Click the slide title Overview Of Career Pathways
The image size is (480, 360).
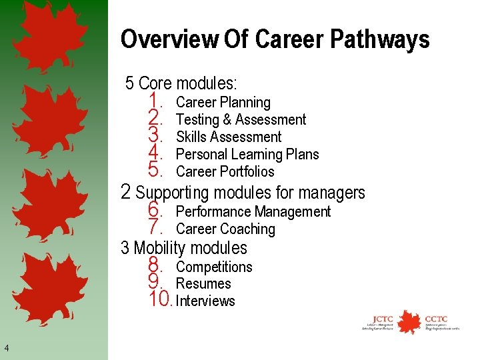click(275, 40)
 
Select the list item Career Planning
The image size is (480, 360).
click(223, 103)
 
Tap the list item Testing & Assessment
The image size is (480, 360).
click(241, 120)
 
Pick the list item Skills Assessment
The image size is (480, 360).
click(229, 137)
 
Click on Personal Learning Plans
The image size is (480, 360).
click(247, 155)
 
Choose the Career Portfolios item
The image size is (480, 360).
click(225, 172)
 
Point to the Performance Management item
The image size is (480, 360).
click(253, 212)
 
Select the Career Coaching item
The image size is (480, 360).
click(225, 229)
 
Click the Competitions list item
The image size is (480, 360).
click(214, 267)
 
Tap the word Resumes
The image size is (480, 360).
click(203, 284)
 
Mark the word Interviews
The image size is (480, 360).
click(205, 301)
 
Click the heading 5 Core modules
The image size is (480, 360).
click(181, 83)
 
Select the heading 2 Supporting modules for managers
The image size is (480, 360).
click(243, 193)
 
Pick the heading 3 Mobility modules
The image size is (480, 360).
click(184, 248)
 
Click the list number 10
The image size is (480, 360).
click(160, 299)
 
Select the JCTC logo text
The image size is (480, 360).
click(383, 319)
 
